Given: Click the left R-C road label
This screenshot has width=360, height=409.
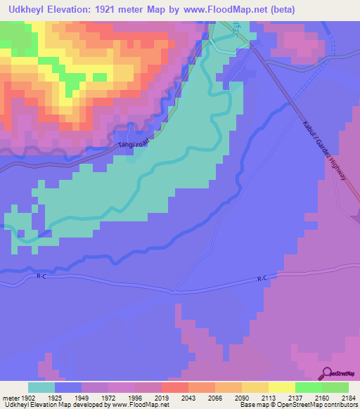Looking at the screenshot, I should point(41,277).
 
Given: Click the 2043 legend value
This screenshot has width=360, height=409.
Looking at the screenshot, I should point(188,397).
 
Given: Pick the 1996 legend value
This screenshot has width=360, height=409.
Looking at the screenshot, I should point(134,397).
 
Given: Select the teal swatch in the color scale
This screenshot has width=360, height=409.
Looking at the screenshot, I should point(41,387).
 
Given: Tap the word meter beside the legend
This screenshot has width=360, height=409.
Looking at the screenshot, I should point(11,397).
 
